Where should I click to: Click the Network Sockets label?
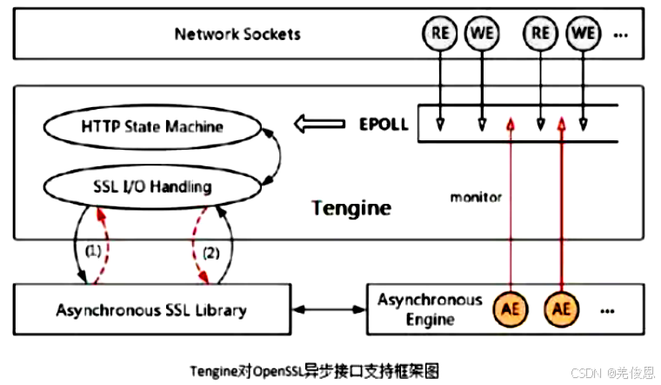237,34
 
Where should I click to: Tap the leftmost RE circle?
439,34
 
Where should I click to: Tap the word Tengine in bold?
351,208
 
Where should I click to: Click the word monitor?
476,198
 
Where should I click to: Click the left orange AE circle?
511,309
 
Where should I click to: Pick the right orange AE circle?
562,309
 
